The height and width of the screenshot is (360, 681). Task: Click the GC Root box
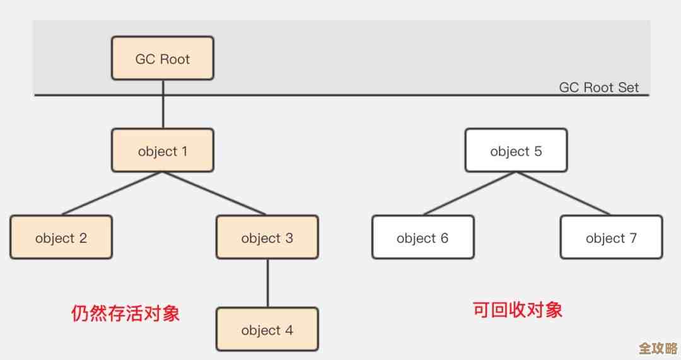tap(163, 58)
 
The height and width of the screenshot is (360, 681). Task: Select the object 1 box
tap(163, 151)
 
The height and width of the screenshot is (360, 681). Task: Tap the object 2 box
tap(61, 237)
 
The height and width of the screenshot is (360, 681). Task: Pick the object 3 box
tap(267, 237)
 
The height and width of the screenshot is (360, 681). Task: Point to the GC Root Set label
tap(599, 88)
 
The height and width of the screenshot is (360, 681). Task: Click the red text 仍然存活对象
tap(125, 313)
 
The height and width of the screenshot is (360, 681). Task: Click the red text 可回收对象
tap(517, 310)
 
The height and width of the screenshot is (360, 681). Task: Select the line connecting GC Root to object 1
tap(163, 104)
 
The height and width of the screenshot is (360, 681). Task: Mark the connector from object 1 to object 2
tap(112, 194)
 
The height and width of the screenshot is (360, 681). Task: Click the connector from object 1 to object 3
tap(214, 194)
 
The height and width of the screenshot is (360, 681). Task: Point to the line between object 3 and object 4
tap(267, 283)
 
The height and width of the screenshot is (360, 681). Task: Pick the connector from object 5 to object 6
tap(470, 194)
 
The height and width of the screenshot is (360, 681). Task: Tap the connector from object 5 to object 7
tap(563, 194)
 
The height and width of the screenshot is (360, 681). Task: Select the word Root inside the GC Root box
tap(175, 59)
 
